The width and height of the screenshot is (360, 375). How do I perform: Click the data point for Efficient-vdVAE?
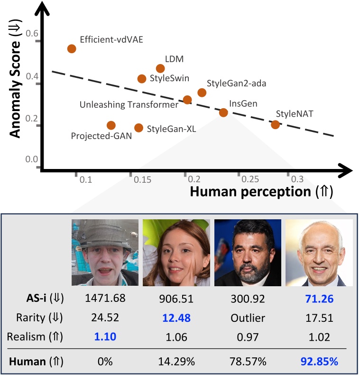tap(72, 48)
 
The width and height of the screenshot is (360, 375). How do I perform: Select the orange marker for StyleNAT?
tap(275, 124)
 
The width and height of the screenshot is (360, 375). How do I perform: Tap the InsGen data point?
tap(223, 112)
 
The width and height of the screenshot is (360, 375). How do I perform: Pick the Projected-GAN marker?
tap(111, 125)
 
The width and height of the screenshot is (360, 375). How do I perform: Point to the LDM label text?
tap(174, 59)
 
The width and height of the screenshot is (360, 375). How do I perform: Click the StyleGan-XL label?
tap(171, 128)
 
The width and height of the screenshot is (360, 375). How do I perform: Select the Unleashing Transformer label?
tap(129, 104)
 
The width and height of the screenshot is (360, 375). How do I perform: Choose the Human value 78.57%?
tap(247, 362)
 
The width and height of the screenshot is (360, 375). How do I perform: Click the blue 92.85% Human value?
tap(319, 362)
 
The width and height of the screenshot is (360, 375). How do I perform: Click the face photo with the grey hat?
tap(105, 252)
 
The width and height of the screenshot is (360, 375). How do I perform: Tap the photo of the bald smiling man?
tap(319, 252)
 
